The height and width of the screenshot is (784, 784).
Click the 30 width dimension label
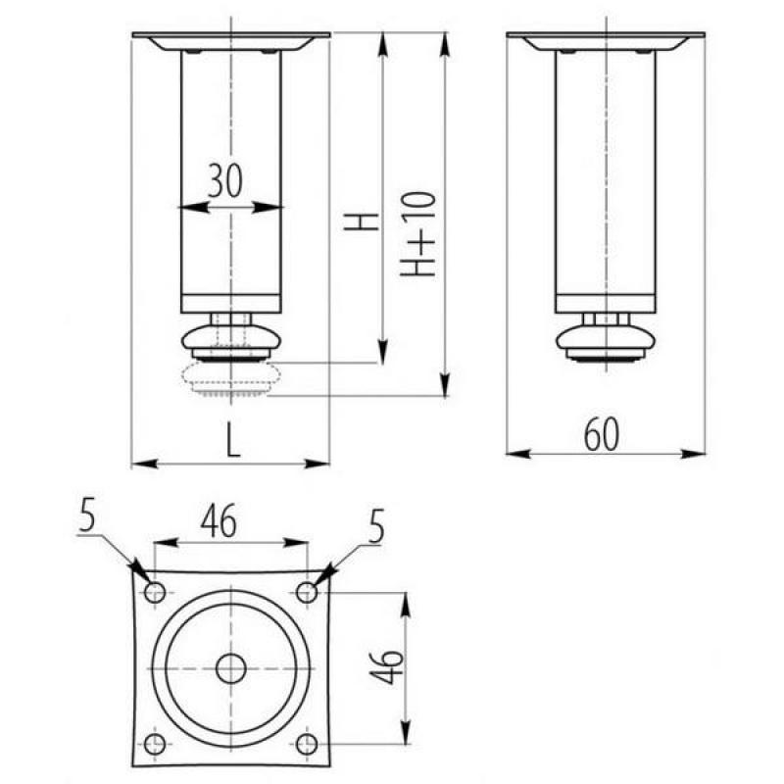click(x=225, y=180)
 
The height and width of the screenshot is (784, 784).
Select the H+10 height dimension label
click(x=418, y=233)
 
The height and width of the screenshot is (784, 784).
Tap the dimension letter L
click(x=233, y=440)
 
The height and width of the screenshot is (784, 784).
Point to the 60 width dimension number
click(x=602, y=434)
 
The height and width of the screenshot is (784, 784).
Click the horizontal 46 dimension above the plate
click(x=219, y=521)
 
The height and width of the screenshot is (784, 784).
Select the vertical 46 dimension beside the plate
click(x=386, y=667)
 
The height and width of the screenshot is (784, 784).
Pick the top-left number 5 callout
click(x=87, y=514)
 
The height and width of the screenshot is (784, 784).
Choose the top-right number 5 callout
click(x=376, y=526)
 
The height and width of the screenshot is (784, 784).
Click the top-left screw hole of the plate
click(x=155, y=593)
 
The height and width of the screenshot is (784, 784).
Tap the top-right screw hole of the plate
click(x=307, y=593)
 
